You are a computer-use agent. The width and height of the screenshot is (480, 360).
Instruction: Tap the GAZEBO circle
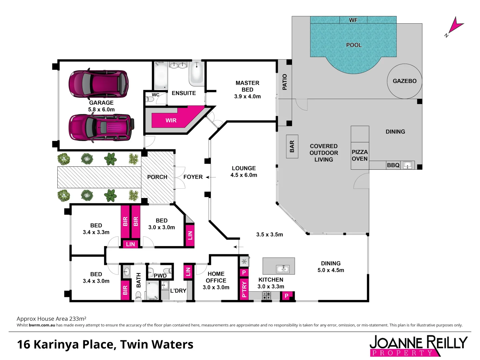[x=404, y=81]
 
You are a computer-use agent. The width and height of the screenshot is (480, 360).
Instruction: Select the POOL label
[x=354, y=45]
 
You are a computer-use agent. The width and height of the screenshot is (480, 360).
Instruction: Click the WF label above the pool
[x=353, y=20]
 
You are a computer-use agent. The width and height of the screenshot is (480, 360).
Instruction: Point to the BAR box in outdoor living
[x=292, y=146]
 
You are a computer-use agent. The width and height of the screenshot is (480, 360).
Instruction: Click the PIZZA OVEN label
[x=360, y=155]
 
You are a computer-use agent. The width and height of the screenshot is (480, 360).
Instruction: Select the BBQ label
[x=393, y=165]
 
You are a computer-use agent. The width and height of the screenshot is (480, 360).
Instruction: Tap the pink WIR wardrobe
[x=171, y=120]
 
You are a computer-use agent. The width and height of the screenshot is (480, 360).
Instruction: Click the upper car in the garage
[x=98, y=84]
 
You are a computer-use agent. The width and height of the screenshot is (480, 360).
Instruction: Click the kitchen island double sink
[x=283, y=269]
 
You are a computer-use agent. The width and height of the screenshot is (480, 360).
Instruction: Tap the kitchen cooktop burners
[x=266, y=295]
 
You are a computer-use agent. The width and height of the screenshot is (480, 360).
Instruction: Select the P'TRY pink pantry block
[x=244, y=289]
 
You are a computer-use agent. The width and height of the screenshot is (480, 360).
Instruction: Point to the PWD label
[x=160, y=276]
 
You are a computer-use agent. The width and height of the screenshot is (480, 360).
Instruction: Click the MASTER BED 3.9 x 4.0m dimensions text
[x=247, y=96]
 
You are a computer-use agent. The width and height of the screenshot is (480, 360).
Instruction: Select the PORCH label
[x=157, y=177]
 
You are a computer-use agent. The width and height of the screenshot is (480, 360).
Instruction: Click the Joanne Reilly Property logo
[x=418, y=345]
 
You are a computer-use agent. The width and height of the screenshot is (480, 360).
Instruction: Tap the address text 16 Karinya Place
[x=105, y=344]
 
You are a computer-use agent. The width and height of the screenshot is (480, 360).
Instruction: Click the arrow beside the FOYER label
[x=208, y=177]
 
